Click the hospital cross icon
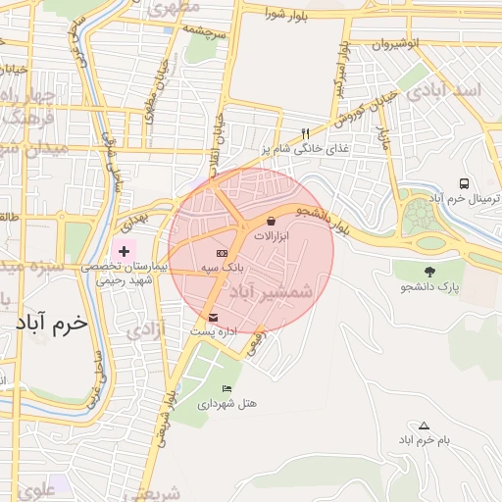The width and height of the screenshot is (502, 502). tap(124, 251)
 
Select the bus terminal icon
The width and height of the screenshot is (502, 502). tap(463, 182)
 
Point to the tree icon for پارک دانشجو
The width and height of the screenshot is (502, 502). tap(428, 271)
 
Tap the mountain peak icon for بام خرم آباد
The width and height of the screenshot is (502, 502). tap(424, 426)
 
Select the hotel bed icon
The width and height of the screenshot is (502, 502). tap(227, 388)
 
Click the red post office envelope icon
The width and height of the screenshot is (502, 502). tap(214, 317)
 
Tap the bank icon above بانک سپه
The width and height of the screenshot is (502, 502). tap(222, 254)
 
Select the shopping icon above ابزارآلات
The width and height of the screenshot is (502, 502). tap(271, 222)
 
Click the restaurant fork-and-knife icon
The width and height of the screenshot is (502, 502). tap(306, 133)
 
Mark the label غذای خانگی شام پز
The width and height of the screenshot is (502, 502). tap(305, 149)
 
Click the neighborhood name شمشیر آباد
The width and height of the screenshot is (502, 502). tap(271, 291)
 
